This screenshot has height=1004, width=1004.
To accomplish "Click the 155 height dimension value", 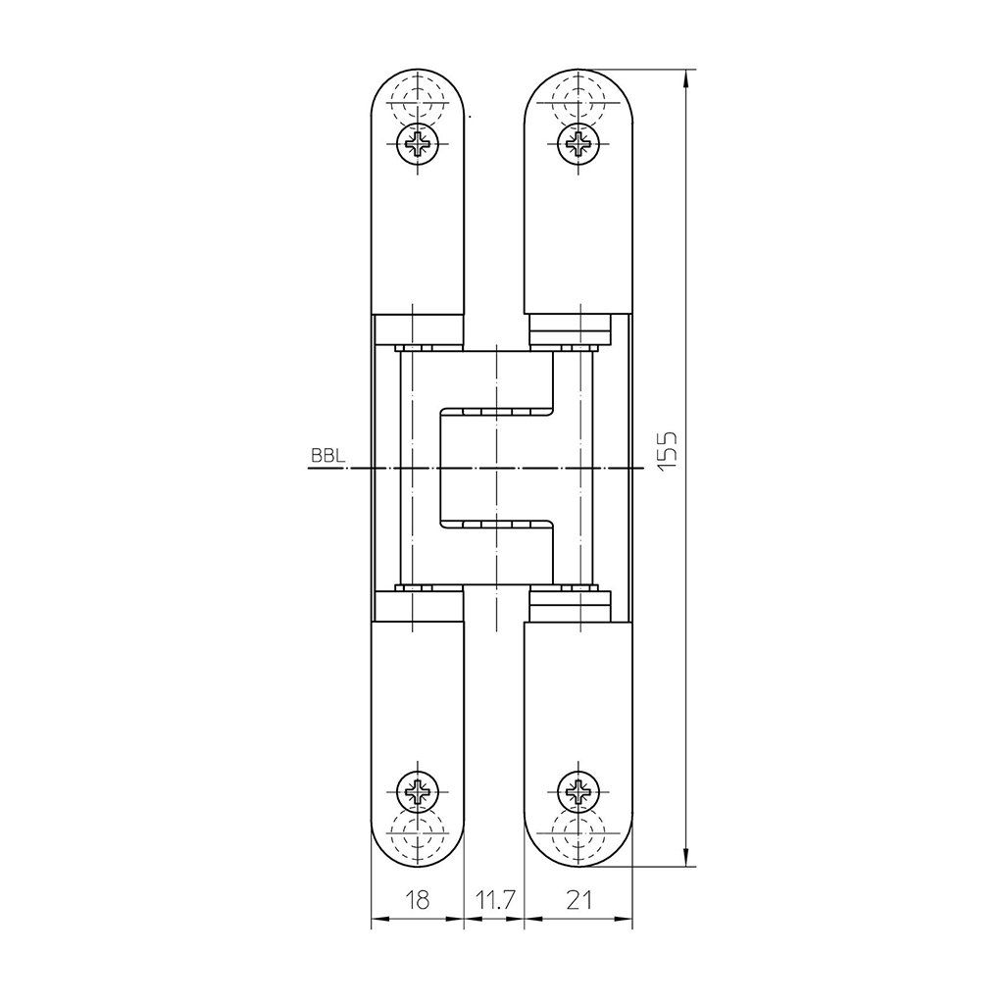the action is (667, 452).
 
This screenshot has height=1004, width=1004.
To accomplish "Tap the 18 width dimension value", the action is (418, 900).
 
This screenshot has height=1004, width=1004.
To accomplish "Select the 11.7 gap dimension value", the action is (495, 900).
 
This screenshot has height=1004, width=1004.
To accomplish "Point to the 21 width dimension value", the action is (578, 900).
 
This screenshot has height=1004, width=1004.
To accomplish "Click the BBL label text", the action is (327, 456).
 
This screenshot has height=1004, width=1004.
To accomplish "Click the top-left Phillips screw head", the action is (418, 144).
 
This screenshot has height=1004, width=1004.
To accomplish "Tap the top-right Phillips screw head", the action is (578, 144).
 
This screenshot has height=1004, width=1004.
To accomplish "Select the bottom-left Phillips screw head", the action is (418, 792).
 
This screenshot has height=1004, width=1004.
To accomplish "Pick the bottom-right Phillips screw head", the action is (578, 792).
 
